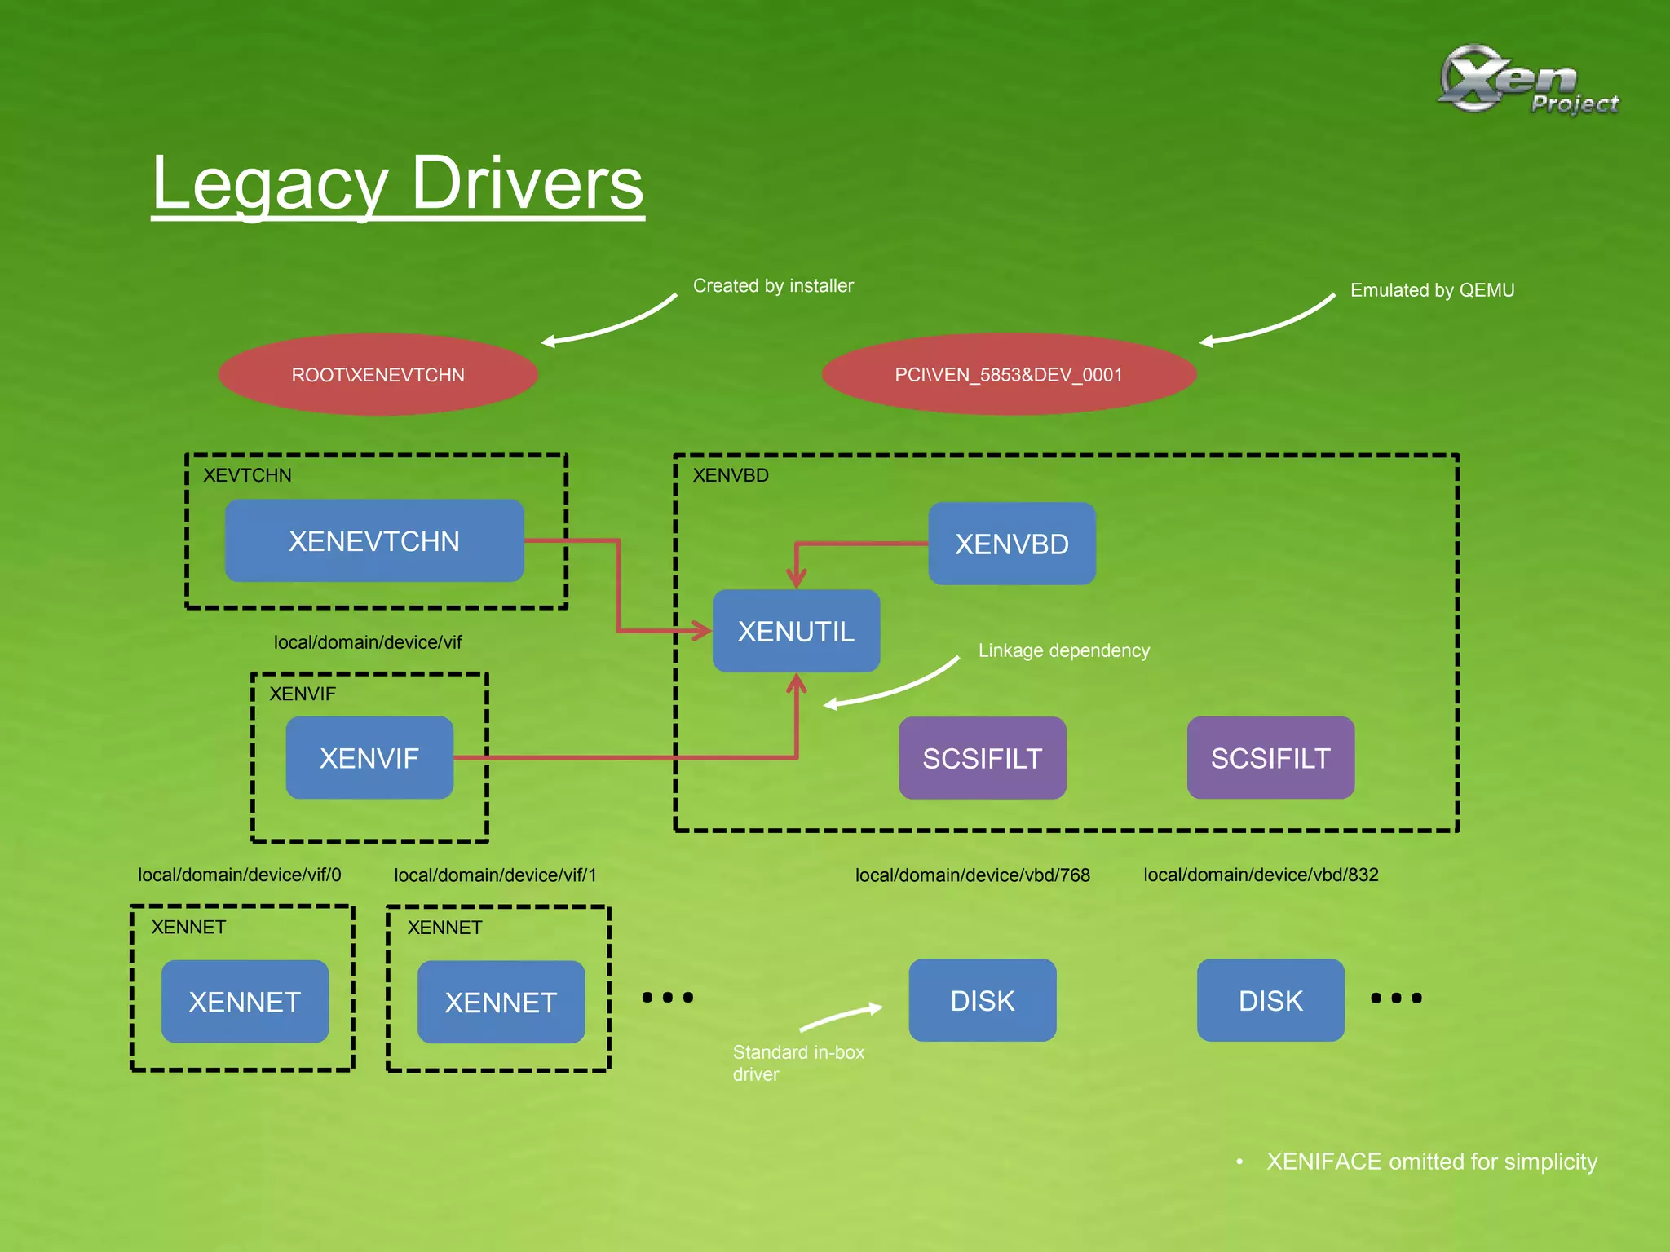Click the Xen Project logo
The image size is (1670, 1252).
click(x=1526, y=80)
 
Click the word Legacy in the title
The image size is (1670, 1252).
click(x=269, y=184)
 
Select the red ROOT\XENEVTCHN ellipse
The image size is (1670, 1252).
click(x=378, y=375)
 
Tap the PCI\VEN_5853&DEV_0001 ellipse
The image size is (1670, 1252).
click(x=1009, y=375)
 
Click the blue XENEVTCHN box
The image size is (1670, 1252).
click(x=374, y=541)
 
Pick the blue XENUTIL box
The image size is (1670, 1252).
click(x=796, y=632)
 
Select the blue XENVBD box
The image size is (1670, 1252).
click(x=1011, y=544)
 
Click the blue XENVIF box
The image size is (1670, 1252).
click(x=369, y=758)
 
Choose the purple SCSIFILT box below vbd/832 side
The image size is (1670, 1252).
click(x=1270, y=758)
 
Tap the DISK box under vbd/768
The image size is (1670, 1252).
click(x=982, y=1000)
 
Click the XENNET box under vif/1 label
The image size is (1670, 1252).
click(x=501, y=1002)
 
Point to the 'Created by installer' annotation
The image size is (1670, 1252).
click(x=773, y=286)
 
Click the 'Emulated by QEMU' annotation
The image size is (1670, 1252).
click(x=1432, y=290)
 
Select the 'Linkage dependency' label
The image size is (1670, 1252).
click(x=1063, y=650)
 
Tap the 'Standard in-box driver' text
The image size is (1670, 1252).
click(x=797, y=1062)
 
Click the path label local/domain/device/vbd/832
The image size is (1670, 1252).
click(x=1261, y=875)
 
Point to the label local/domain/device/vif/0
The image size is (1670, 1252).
click(x=239, y=875)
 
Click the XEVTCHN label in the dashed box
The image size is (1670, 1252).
click(x=247, y=475)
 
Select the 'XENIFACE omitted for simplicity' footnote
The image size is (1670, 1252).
click(x=1431, y=1162)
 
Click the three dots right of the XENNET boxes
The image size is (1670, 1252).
click(x=667, y=997)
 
